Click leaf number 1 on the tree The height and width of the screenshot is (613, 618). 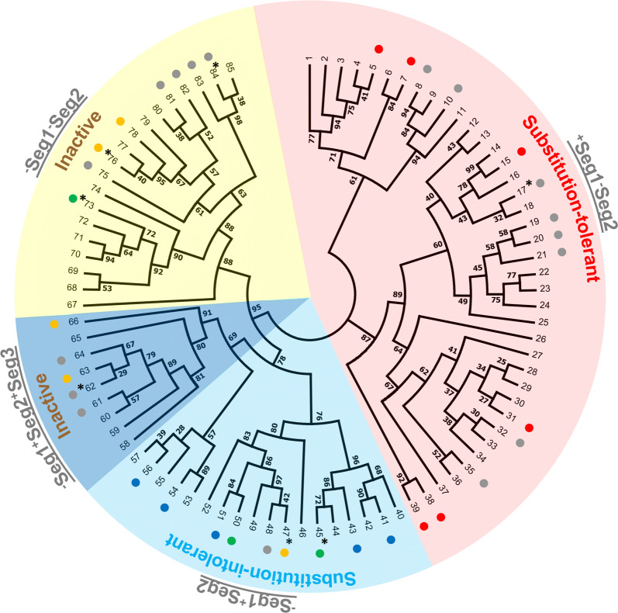(309, 60)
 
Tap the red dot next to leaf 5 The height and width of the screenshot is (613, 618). (378, 49)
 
